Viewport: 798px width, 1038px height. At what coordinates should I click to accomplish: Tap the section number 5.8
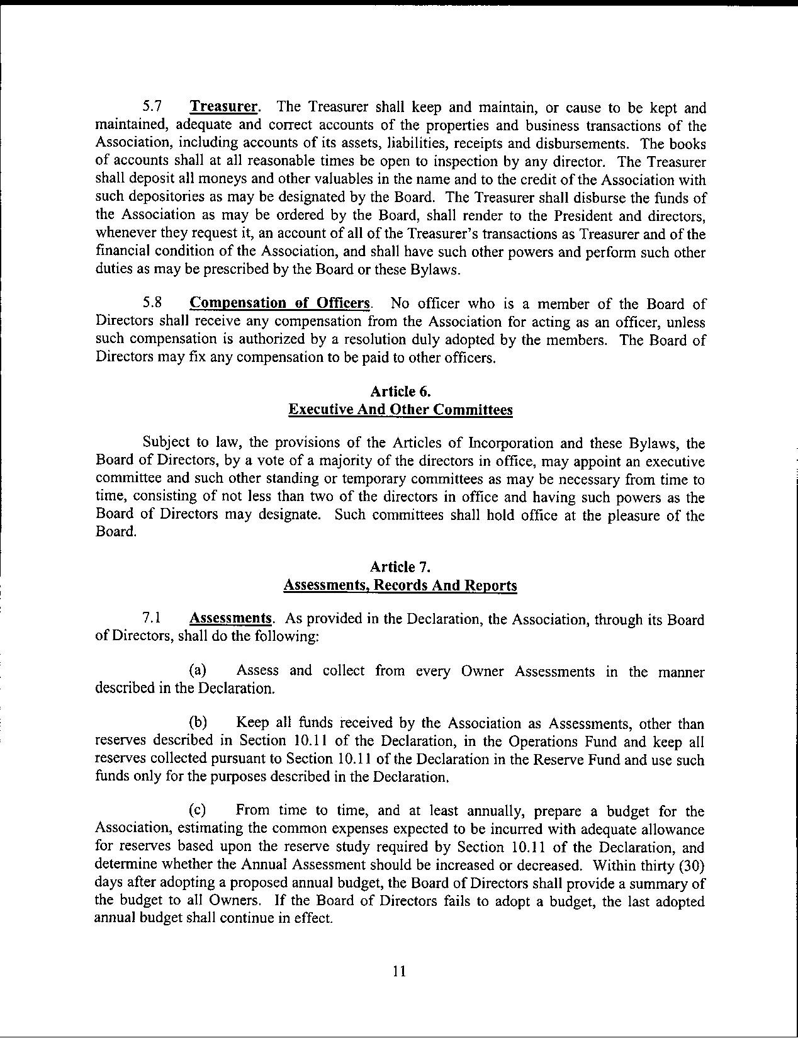pyautogui.click(x=154, y=303)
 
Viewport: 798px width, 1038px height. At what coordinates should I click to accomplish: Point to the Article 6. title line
pyautogui.click(x=400, y=392)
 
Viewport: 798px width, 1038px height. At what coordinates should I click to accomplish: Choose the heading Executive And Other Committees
pyautogui.click(x=400, y=410)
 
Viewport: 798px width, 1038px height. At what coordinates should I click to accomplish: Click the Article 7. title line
pyautogui.click(x=400, y=567)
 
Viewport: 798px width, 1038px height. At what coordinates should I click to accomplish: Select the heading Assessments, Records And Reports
pyautogui.click(x=400, y=585)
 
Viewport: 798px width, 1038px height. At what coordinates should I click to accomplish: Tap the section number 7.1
pyautogui.click(x=154, y=618)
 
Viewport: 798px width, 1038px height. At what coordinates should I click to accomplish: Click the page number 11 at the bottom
pyautogui.click(x=399, y=971)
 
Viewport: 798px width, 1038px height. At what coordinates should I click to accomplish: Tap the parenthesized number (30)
pyautogui.click(x=690, y=865)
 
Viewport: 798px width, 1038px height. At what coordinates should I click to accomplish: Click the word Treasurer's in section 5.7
pyautogui.click(x=446, y=235)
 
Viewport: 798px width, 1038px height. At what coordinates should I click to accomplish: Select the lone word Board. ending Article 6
pyautogui.click(x=115, y=532)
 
